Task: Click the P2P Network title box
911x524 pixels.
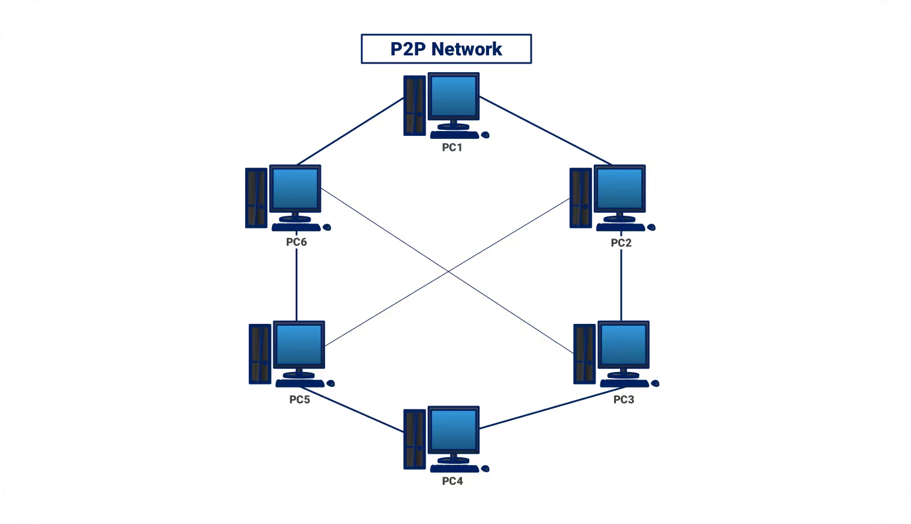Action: point(446,49)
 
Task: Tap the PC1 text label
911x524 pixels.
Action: point(452,148)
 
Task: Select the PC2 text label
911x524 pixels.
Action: point(621,243)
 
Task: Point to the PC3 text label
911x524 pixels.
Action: point(623,400)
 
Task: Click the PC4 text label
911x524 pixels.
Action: point(452,481)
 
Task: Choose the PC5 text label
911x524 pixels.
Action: point(299,400)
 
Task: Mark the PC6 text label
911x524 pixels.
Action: point(296,242)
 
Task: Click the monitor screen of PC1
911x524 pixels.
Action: point(454,96)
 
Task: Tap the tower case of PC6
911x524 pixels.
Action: point(256,198)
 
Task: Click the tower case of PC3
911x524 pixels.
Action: point(584,354)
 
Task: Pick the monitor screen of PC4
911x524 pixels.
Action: point(454,430)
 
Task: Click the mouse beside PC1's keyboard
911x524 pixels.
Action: point(485,135)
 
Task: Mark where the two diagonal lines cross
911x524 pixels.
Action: point(449,272)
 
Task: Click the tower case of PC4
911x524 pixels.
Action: point(414,439)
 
